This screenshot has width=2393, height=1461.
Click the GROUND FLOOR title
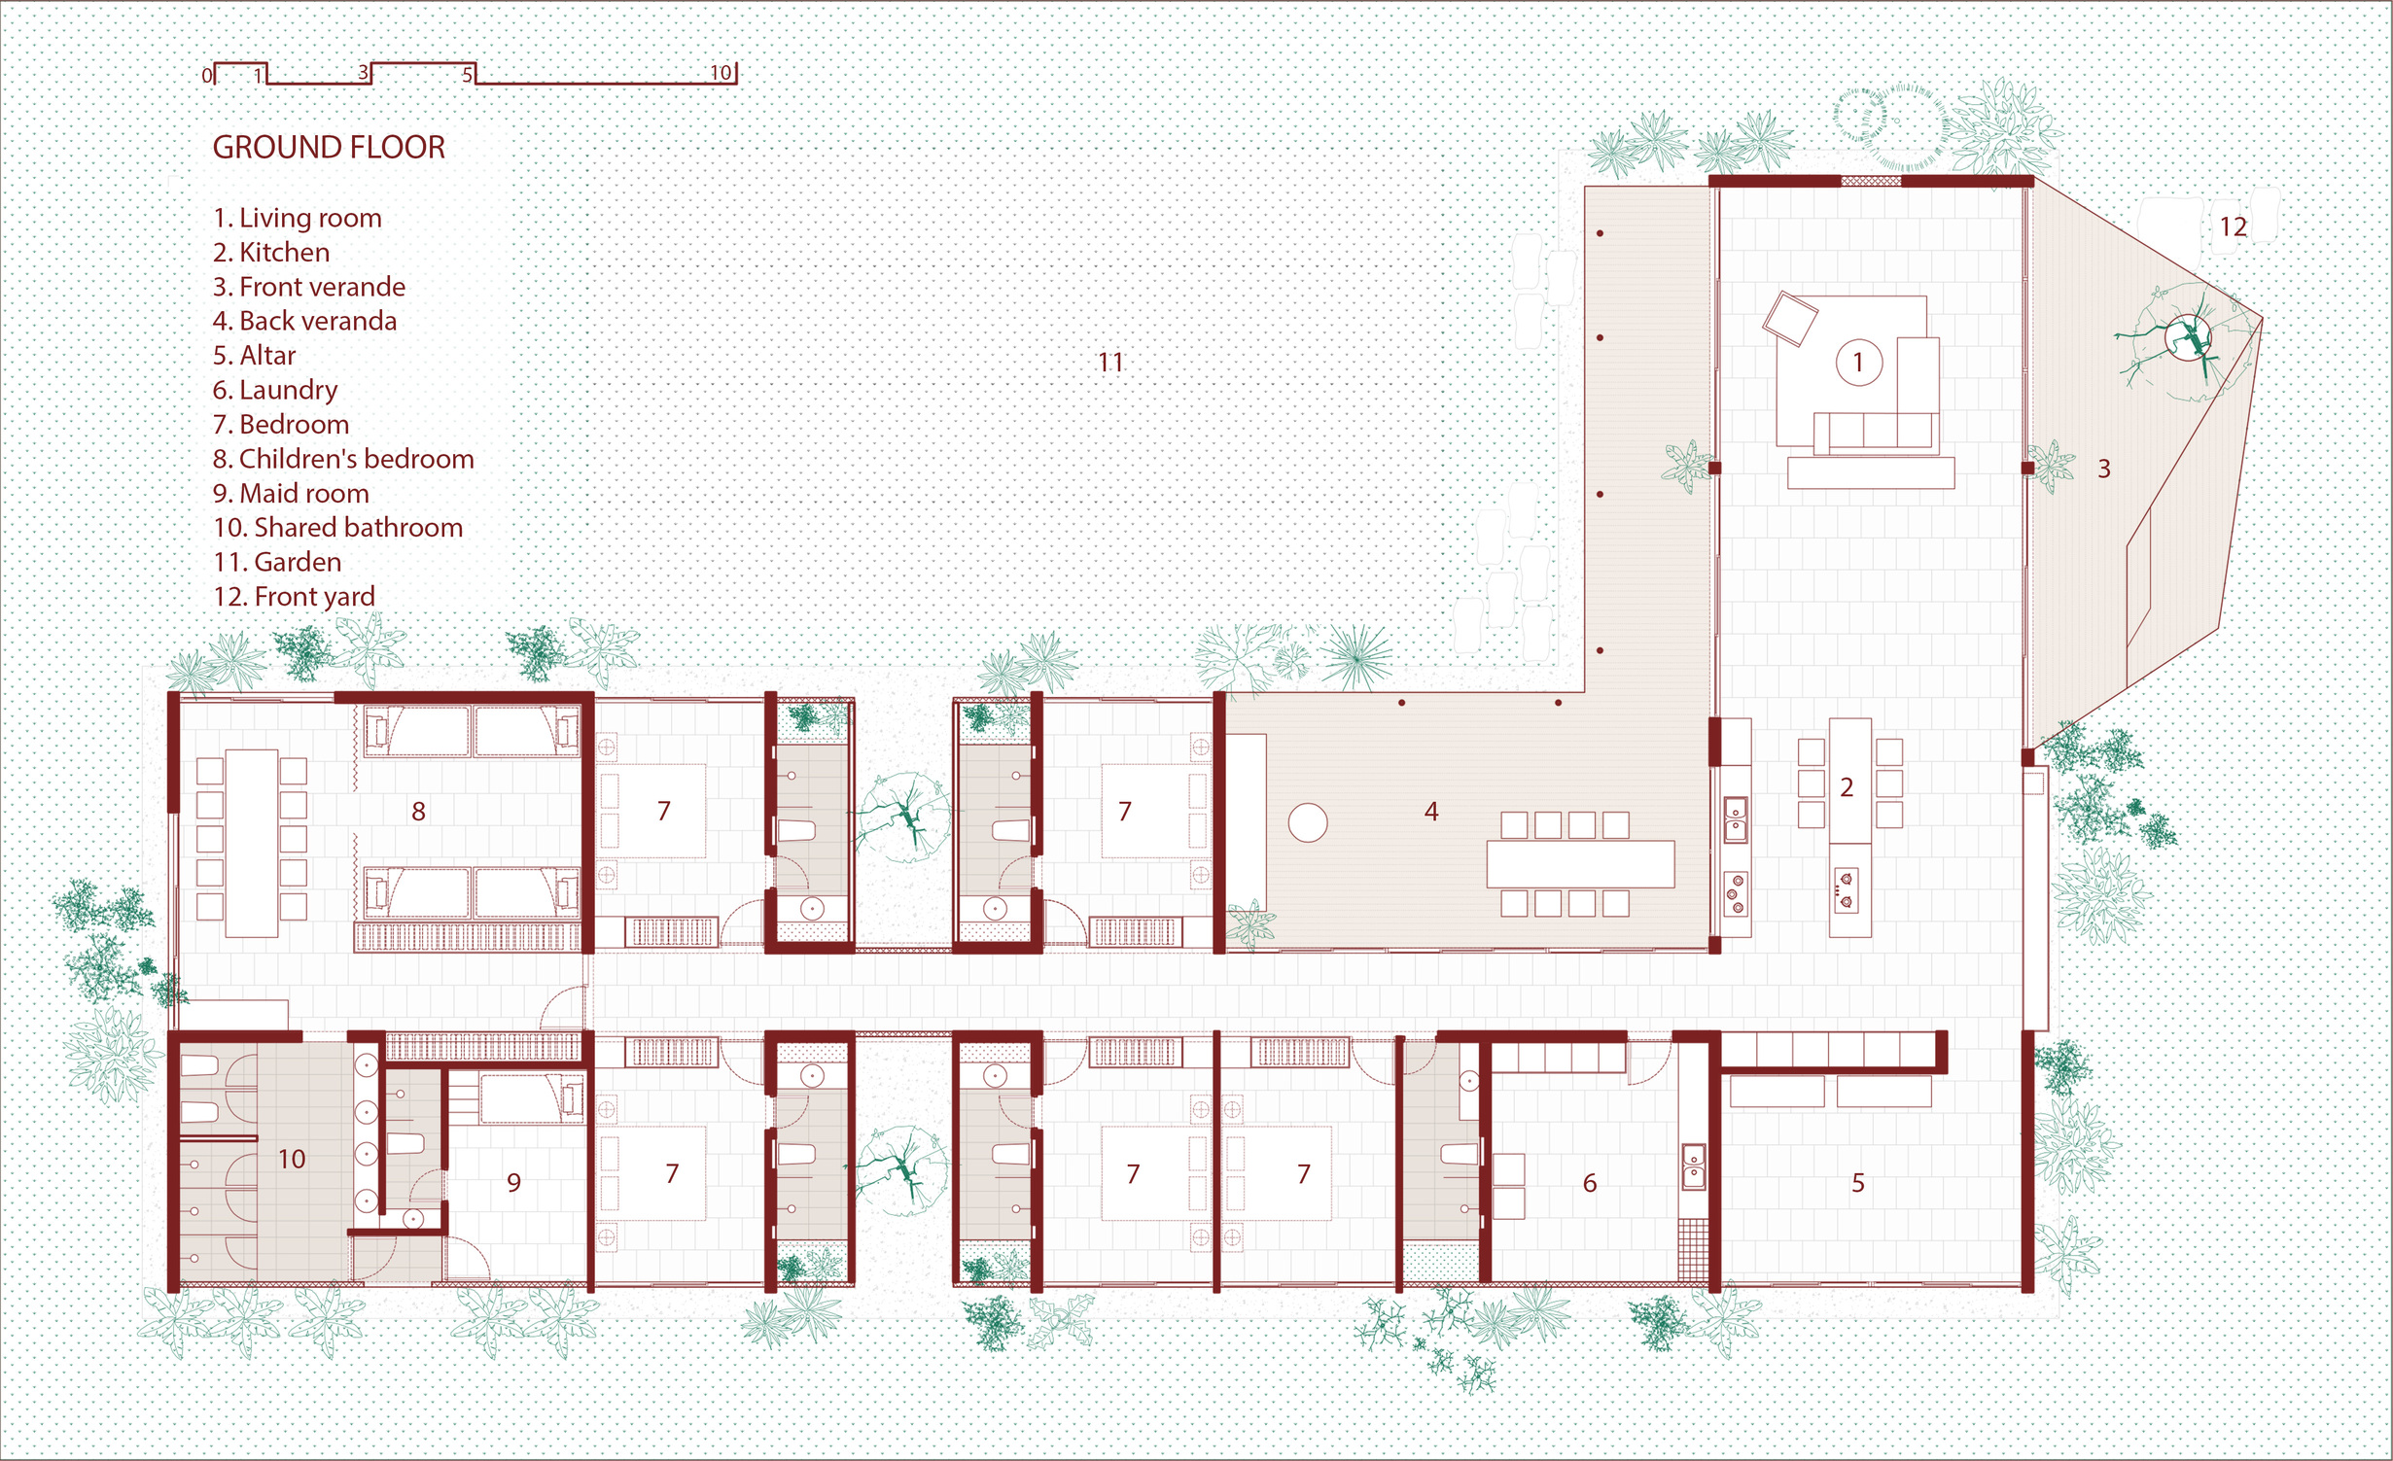[329, 148]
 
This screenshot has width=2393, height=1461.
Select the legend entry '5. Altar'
[254, 356]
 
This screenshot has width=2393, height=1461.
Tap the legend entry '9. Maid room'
[291, 494]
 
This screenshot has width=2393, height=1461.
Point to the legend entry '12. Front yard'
[294, 597]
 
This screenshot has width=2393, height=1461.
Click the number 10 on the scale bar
[721, 73]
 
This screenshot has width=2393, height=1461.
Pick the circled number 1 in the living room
[1858, 363]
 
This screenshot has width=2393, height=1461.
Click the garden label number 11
[1110, 363]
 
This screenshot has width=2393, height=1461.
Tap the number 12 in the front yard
[2233, 227]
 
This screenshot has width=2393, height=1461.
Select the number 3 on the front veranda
[2104, 470]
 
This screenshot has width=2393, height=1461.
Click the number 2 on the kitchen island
[1847, 787]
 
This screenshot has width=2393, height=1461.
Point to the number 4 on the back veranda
[1431, 812]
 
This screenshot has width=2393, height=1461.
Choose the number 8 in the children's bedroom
[418, 812]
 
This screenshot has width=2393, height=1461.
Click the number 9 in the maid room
[514, 1183]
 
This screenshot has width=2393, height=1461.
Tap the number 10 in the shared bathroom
[292, 1159]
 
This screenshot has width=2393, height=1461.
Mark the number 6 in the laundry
[1590, 1183]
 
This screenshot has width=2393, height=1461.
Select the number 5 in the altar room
[1858, 1183]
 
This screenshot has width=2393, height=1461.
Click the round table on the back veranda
[1308, 823]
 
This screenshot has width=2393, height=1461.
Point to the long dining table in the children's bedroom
[252, 842]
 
